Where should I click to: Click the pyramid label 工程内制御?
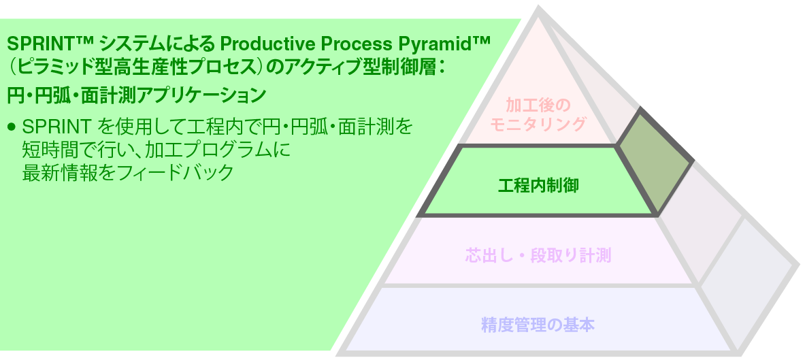538,184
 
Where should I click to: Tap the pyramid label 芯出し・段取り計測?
538,256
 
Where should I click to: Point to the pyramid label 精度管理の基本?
538,325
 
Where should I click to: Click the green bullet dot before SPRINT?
11,127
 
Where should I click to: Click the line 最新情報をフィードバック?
128,171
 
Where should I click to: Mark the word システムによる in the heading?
156,46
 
